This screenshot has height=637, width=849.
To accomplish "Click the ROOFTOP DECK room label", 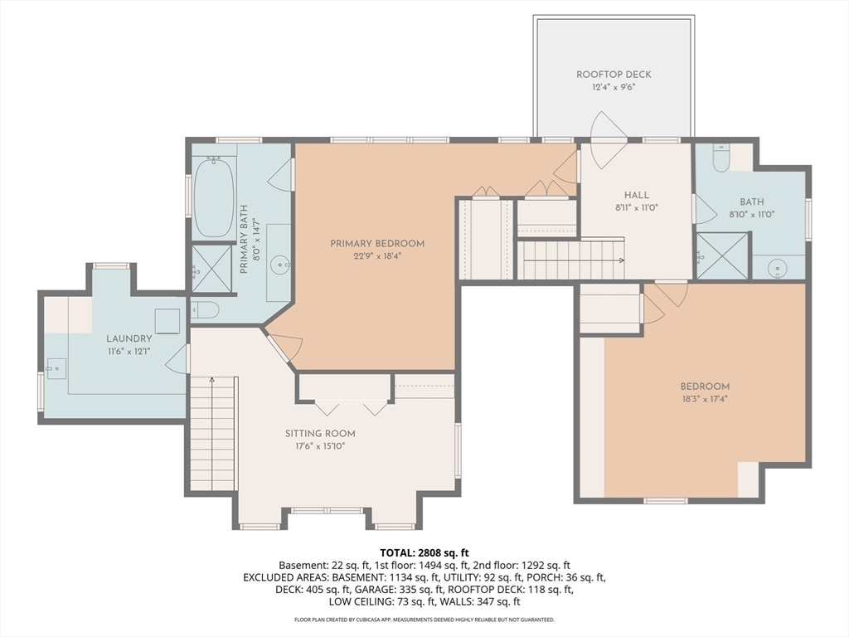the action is point(614,74).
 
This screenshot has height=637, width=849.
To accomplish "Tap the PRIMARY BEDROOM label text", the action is point(377,244).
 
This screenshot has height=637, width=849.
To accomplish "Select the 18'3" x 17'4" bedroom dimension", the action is point(705,399).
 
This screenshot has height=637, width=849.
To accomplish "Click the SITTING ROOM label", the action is point(320,433).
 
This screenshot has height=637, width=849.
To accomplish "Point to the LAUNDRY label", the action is point(129,338).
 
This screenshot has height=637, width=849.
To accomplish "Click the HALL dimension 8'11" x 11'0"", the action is point(636,207).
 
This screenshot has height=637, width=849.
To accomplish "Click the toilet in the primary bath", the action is point(205,310).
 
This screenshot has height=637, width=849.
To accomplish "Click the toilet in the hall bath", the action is point(721,158).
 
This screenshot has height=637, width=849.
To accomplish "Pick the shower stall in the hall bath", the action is point(722,255).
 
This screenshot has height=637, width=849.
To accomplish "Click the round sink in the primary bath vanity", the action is point(283,265).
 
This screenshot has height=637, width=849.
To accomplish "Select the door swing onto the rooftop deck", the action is point(608,139).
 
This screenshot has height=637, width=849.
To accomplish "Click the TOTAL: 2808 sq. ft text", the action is point(424,553).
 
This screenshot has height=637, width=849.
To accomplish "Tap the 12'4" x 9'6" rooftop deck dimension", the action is point(614,87).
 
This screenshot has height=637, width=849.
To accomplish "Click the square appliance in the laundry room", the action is point(167,322).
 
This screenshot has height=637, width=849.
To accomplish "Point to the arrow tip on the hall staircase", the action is point(623,260).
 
